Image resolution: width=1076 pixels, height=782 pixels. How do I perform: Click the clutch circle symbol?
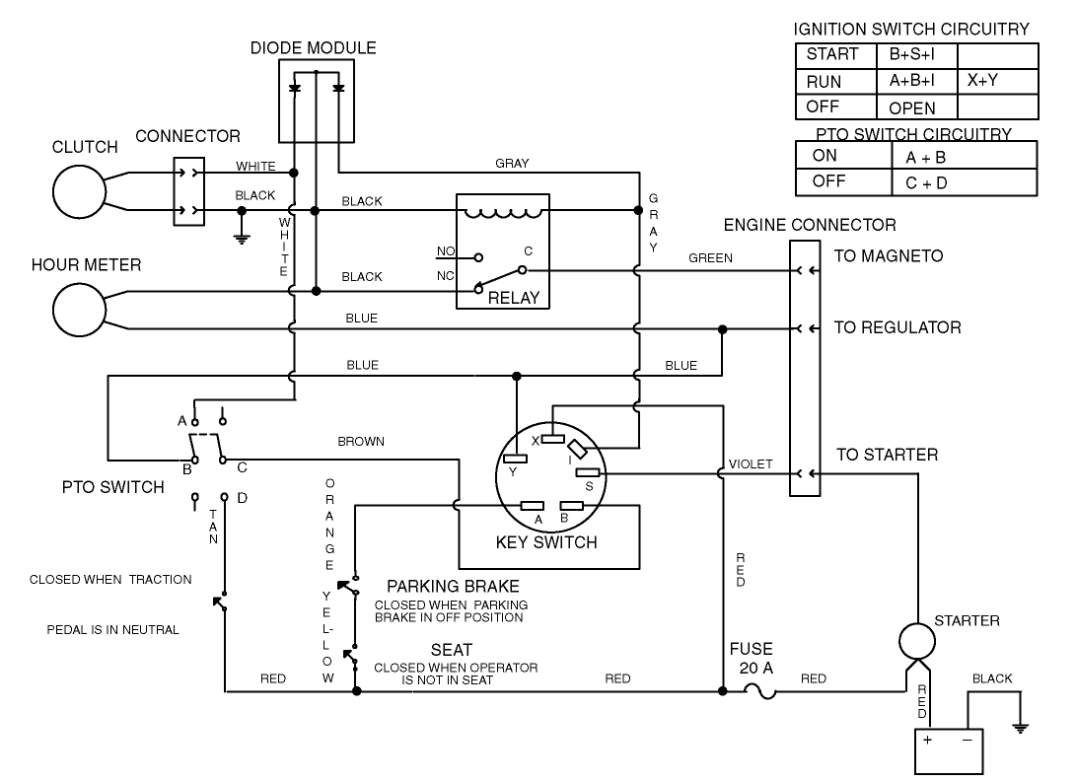point(80,191)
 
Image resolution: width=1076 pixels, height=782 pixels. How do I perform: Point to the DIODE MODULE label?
point(314,47)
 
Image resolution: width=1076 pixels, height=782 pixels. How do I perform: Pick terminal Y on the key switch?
point(514,457)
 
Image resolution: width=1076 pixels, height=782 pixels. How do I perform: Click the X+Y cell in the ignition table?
point(983,81)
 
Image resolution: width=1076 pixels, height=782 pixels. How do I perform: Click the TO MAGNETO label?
point(889,256)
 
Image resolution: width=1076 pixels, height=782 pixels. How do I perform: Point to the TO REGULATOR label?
point(897,327)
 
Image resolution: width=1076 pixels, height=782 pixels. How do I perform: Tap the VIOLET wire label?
point(752,463)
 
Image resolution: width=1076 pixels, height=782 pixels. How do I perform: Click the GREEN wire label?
point(710,258)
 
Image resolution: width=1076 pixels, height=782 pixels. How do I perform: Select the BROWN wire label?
point(361,442)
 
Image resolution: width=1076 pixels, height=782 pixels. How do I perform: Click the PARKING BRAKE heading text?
point(453,587)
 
